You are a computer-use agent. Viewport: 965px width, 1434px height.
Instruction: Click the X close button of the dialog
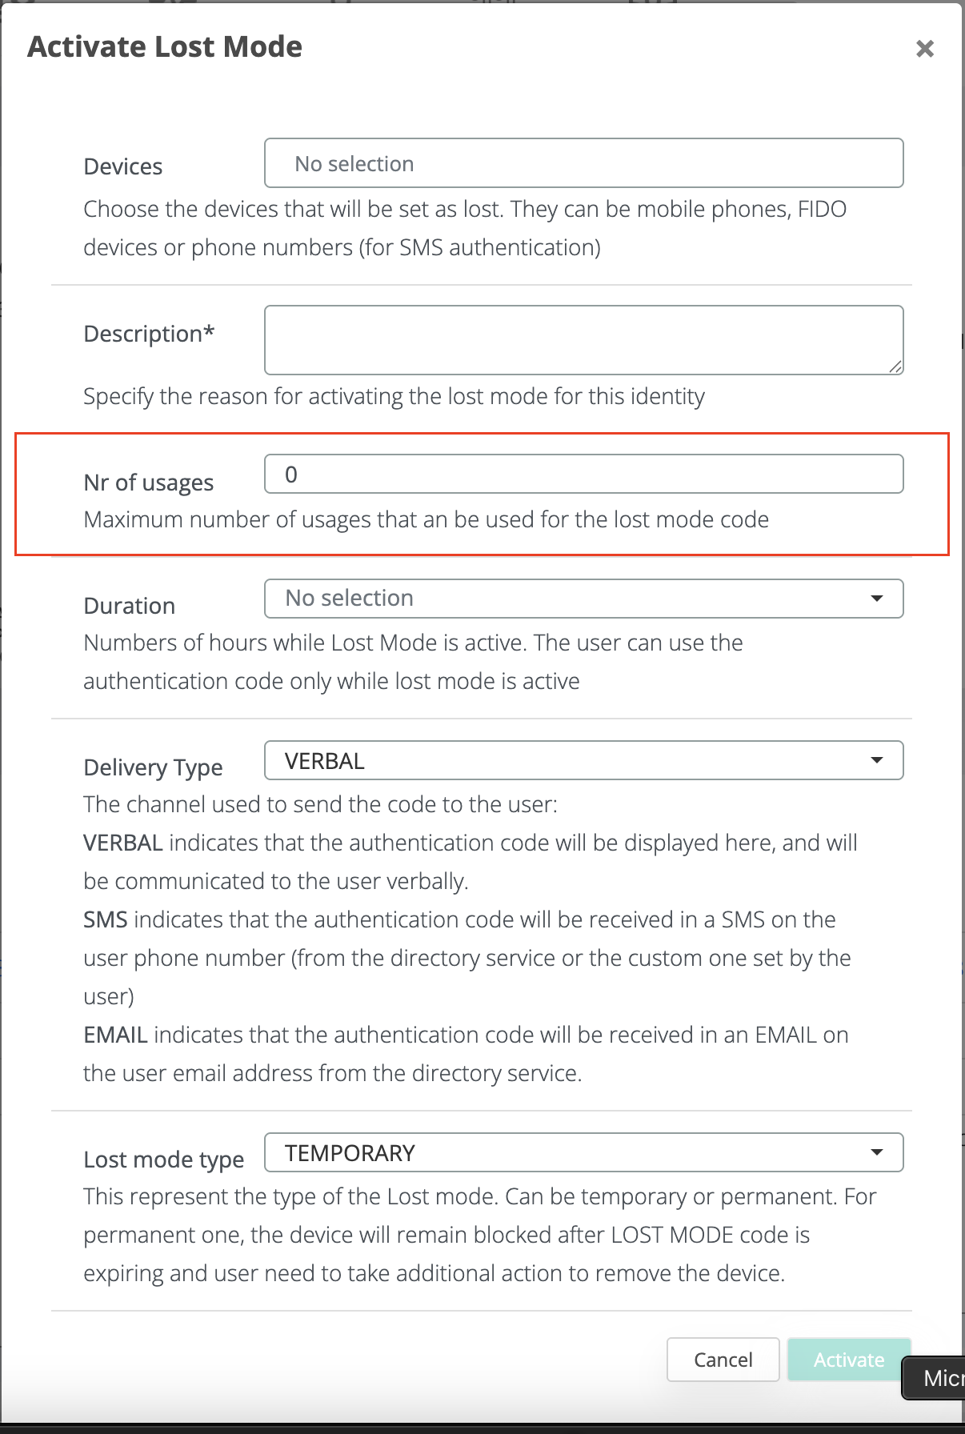point(925,49)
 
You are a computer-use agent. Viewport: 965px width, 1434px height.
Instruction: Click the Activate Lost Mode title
point(165,47)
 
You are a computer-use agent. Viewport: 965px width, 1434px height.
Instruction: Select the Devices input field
point(583,163)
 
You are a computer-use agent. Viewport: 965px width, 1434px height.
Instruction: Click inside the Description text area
point(583,339)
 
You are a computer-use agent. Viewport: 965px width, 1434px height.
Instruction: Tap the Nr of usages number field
point(583,475)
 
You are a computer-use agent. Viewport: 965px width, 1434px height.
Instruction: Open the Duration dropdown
point(583,599)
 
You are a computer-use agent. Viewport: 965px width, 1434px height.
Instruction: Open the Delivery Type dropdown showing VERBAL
point(583,761)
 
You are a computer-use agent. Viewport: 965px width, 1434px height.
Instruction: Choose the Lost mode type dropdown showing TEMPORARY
point(583,1153)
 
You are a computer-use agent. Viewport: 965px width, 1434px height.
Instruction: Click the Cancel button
point(723,1360)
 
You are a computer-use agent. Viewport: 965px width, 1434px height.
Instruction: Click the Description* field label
point(149,334)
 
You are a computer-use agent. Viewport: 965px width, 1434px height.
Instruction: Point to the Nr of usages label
point(149,483)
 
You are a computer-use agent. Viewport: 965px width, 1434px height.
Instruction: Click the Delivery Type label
point(153,767)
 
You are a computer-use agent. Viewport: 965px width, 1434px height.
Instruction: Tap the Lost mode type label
point(163,1160)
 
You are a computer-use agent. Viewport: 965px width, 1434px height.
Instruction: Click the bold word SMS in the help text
point(106,919)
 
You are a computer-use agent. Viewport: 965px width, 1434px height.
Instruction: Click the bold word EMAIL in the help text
point(115,1035)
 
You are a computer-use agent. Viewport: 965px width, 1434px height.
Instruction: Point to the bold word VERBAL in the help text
point(123,843)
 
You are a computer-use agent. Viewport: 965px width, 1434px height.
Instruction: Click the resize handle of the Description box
point(895,367)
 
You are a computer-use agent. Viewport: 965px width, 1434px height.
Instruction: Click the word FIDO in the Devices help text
point(822,209)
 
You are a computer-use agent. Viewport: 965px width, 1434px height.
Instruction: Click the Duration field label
point(129,606)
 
